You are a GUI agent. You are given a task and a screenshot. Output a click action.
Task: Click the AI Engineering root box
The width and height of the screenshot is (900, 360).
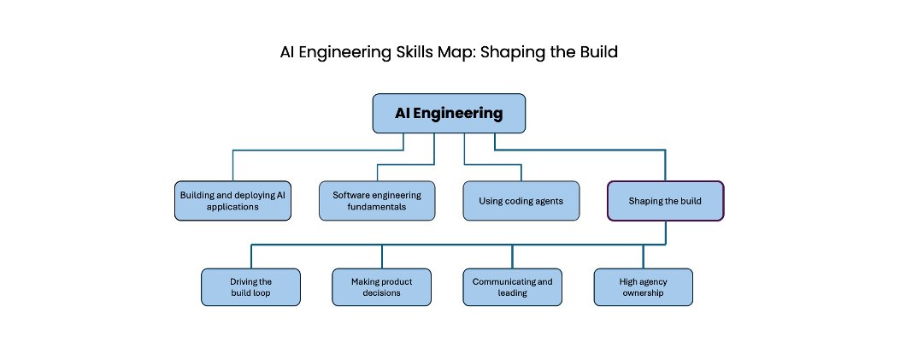tap(449, 113)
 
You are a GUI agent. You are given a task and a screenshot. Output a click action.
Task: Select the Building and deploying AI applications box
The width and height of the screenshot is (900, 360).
tap(232, 201)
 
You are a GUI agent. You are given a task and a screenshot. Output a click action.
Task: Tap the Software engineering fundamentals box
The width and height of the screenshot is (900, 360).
tap(377, 201)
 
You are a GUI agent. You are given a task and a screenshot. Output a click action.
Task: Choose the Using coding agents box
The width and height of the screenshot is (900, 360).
tap(521, 201)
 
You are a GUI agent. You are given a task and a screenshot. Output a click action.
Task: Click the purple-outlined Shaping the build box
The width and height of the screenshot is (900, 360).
tap(665, 201)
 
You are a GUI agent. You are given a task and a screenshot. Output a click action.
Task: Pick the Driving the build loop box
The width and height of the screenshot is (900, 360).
tap(250, 287)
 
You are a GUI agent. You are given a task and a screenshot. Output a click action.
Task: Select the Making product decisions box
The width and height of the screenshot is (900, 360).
tap(382, 287)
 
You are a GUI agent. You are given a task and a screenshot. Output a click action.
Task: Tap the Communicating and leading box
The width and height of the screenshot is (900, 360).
tap(513, 287)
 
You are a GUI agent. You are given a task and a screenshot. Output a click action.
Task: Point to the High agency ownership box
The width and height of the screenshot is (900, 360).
tap(644, 287)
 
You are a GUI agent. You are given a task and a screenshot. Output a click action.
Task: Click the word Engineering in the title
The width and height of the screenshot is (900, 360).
tap(346, 53)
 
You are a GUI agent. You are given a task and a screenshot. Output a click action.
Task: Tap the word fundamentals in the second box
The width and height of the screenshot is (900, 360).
tap(377, 207)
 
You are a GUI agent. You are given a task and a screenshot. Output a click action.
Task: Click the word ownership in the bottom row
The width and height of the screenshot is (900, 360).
tap(644, 292)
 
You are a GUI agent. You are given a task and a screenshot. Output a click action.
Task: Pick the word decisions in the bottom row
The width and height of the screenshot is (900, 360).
tap(382, 292)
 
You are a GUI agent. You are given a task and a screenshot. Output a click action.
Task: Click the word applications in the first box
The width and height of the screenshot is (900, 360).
tap(232, 207)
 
